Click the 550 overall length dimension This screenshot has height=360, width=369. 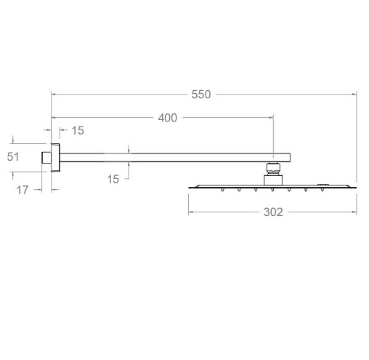point(201,95)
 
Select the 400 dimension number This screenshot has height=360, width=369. point(168,118)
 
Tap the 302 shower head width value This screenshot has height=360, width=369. point(273,212)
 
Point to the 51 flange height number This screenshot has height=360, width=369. point(13,156)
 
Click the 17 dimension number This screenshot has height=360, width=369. point(23,190)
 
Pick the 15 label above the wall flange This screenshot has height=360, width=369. point(78,130)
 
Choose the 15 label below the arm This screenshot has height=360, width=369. point(113,180)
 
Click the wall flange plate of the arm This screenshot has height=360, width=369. point(55,158)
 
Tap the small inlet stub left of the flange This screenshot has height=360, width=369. point(46,158)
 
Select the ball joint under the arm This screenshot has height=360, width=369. point(273,169)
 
